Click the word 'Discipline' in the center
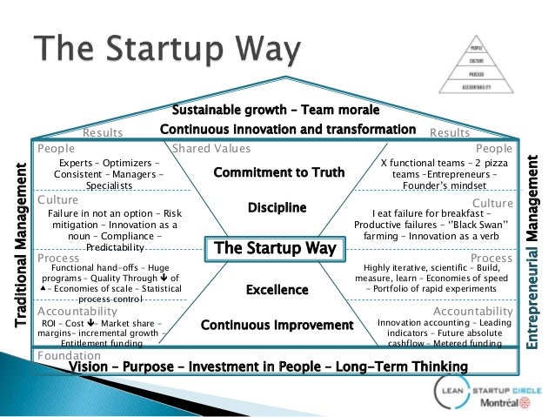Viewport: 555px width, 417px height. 277,208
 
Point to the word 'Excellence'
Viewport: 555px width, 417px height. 277,289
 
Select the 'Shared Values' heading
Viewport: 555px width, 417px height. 211,149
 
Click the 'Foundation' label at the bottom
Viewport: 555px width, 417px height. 64,355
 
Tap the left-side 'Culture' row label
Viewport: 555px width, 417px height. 58,199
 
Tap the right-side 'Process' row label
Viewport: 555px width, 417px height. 491,258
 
